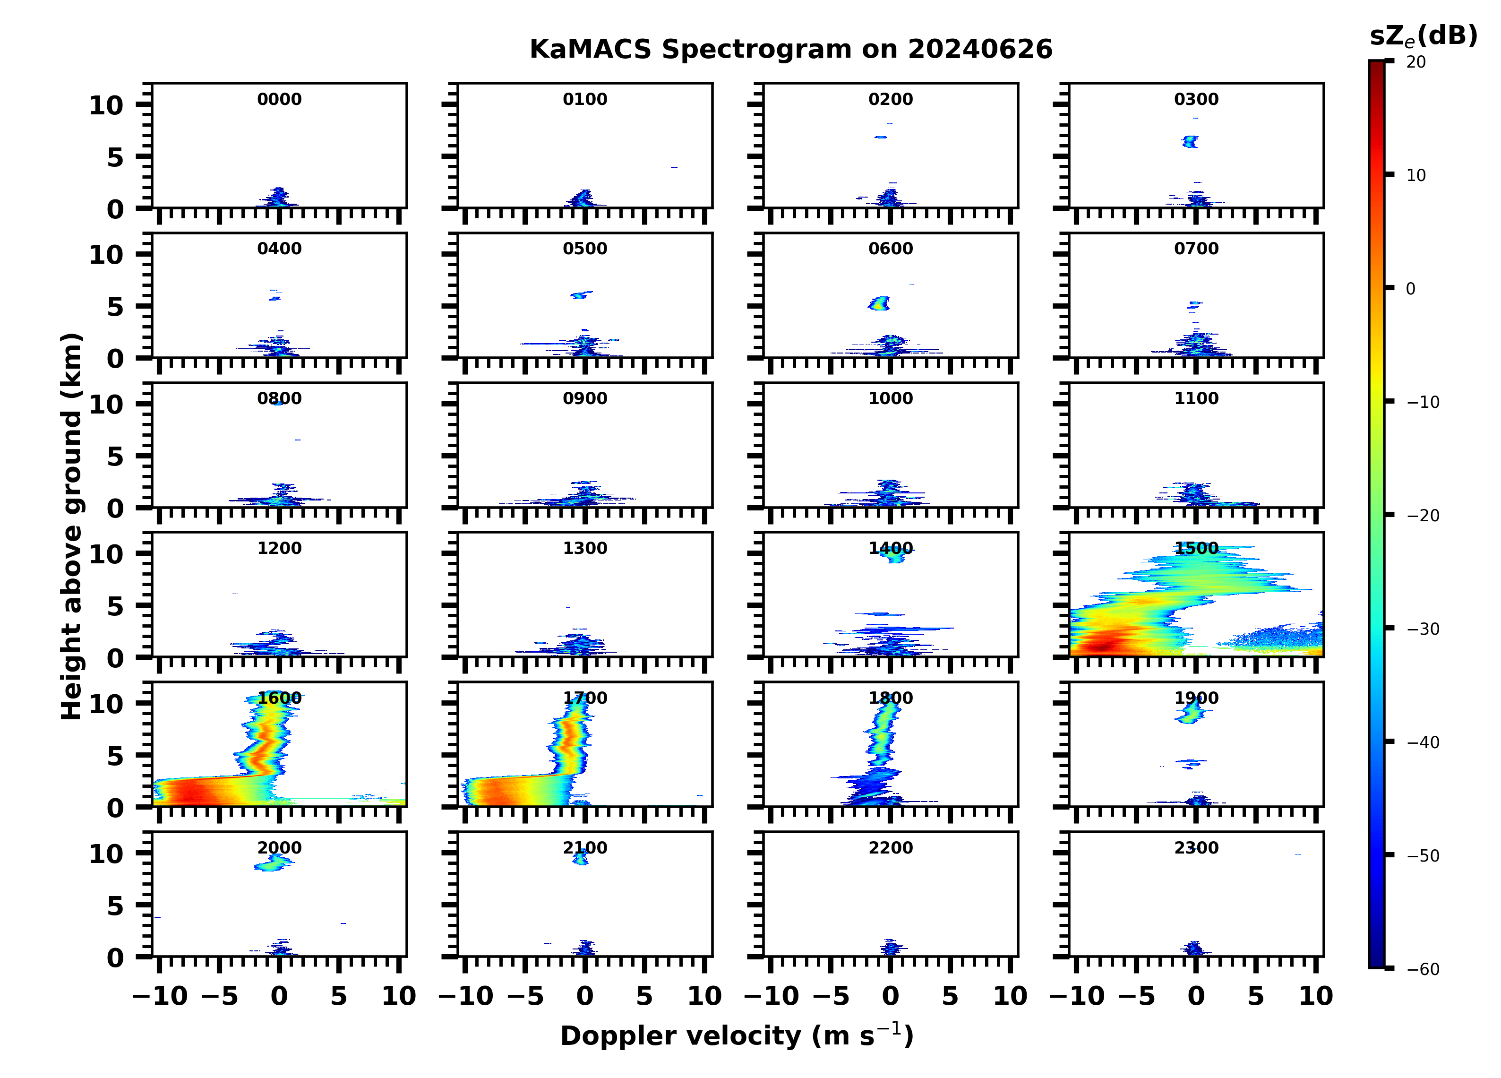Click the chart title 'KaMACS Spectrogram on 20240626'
click(x=790, y=50)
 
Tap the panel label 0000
click(x=279, y=99)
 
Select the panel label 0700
click(x=1196, y=249)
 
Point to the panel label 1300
click(x=585, y=548)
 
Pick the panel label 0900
click(x=585, y=398)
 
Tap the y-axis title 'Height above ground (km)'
click(x=71, y=526)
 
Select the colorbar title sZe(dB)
click(x=1423, y=36)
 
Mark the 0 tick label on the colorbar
click(x=1410, y=289)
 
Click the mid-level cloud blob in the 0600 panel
click(x=880, y=304)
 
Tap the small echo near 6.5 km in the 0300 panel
click(x=1191, y=141)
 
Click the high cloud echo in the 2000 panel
click(x=273, y=862)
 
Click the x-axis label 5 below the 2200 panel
click(x=951, y=996)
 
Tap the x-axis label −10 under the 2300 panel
click(x=1077, y=996)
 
